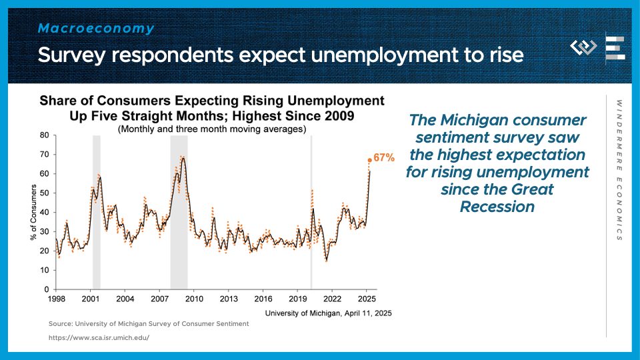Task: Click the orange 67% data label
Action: [x=384, y=159]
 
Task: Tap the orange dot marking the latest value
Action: [x=369, y=160]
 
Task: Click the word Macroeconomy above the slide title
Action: [x=96, y=29]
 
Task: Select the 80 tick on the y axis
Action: [x=44, y=135]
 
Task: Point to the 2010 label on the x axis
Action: [x=194, y=299]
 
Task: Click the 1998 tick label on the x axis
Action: [x=56, y=299]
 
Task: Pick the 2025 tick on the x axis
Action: [x=367, y=299]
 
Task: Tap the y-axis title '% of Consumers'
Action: [x=33, y=212]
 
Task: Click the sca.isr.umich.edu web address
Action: [x=99, y=337]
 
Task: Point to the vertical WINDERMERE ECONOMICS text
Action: [x=619, y=170]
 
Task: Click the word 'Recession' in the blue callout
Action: [x=497, y=207]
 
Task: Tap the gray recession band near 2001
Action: [x=97, y=212]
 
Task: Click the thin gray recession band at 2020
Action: [x=311, y=212]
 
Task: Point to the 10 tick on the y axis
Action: [x=44, y=270]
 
